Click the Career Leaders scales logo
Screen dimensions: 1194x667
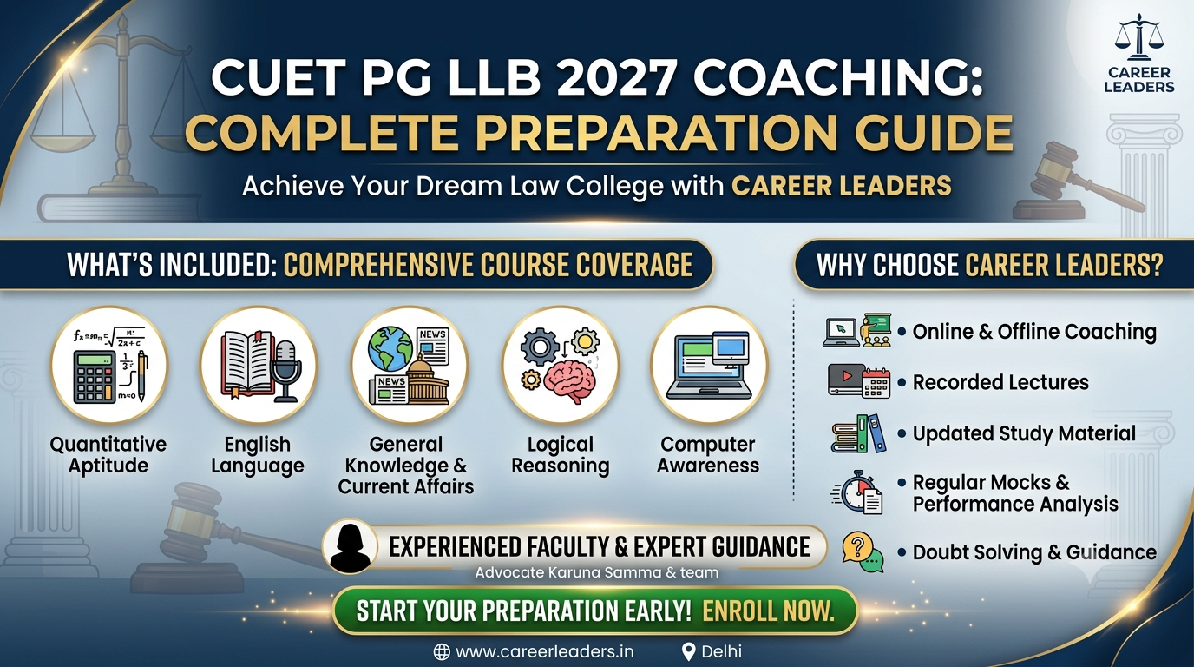point(1138,38)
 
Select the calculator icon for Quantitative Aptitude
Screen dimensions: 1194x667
point(95,377)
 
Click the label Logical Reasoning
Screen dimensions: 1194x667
point(561,454)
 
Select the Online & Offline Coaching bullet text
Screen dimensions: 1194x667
point(1034,332)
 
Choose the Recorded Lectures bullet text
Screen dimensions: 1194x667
point(1000,383)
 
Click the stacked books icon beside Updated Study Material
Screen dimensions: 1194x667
point(857,434)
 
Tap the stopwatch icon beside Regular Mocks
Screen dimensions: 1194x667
point(857,492)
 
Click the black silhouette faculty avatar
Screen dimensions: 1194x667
point(350,548)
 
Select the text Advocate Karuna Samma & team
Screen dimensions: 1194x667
point(596,573)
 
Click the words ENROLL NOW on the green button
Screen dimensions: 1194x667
point(768,611)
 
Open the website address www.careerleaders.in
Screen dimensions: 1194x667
point(544,651)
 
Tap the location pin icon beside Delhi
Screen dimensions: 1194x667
point(689,651)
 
